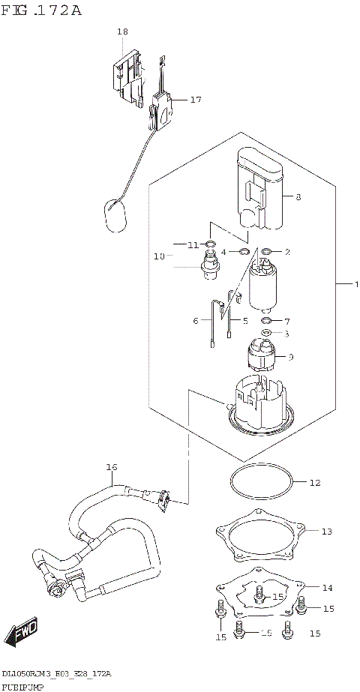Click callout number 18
tap(122, 31)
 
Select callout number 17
tap(196, 99)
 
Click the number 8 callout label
tap(298, 197)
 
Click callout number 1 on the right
tap(357, 285)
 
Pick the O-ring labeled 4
tap(244, 252)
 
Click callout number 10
tap(159, 256)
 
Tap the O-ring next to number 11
tap(211, 244)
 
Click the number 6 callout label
tap(196, 321)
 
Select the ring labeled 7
tap(267, 321)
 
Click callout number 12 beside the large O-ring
tap(314, 483)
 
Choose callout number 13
tap(325, 532)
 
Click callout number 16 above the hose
tap(111, 467)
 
